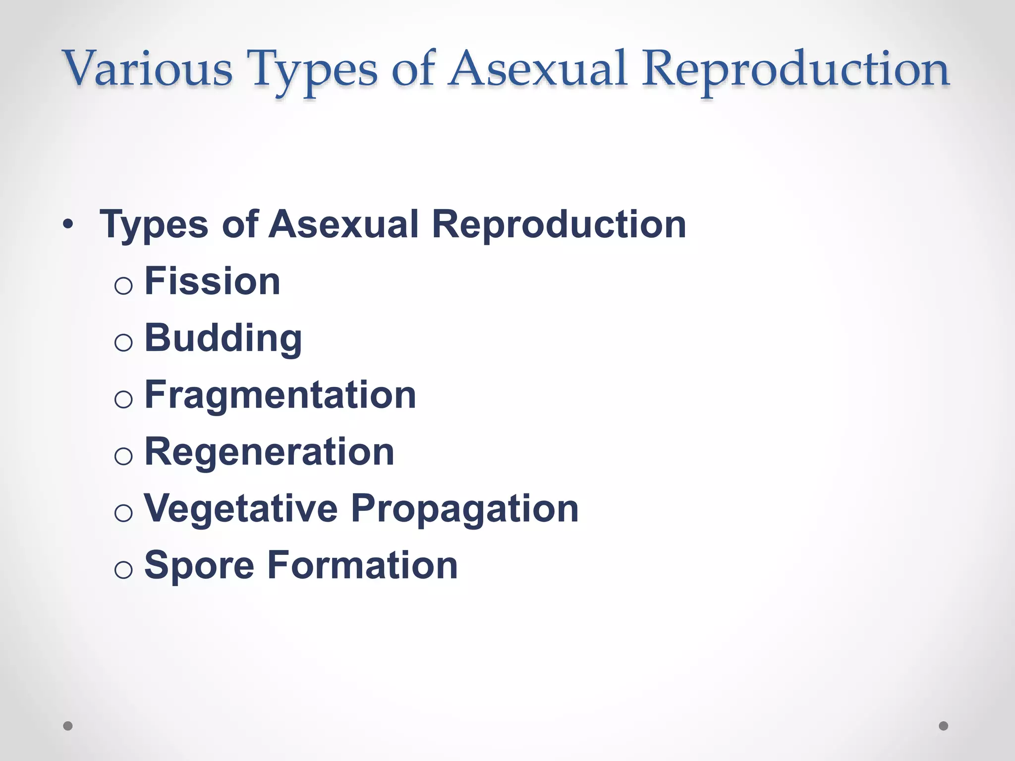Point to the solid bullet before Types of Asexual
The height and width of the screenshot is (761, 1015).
(68, 225)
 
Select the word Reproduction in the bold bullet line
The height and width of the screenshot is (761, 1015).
(559, 224)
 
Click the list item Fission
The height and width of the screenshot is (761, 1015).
(212, 281)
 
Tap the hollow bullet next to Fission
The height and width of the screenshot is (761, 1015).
(123, 286)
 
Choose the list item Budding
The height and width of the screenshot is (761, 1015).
(223, 338)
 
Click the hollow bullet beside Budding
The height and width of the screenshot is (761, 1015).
(123, 343)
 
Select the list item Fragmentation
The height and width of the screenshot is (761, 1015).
(280, 395)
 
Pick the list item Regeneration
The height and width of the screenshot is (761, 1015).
(269, 452)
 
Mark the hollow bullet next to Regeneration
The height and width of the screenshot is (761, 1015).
(123, 456)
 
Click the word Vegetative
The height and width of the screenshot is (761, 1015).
(241, 509)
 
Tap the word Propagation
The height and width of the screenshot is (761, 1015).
(465, 509)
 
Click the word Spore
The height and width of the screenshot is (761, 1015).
(199, 566)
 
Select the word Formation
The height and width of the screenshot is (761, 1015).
(362, 566)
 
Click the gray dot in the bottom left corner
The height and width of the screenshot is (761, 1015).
(68, 726)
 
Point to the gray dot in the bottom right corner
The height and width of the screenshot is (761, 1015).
(944, 726)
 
